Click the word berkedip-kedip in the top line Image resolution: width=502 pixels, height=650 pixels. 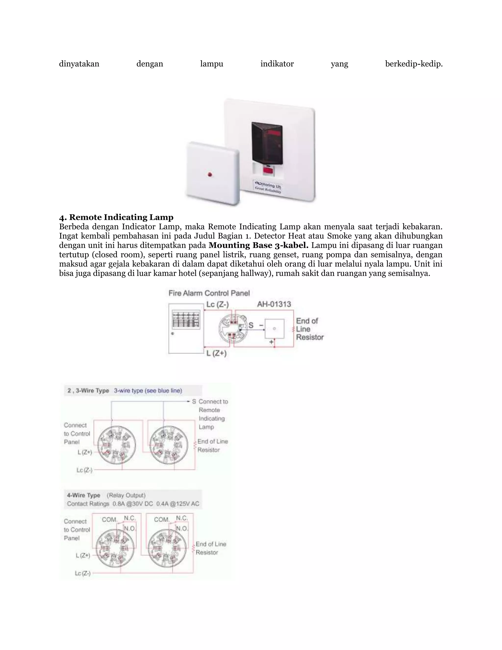pyautogui.click(x=414, y=64)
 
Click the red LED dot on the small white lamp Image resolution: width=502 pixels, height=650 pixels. pyautogui.click(x=210, y=174)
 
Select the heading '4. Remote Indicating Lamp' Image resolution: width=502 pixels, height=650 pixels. pyautogui.click(x=116, y=217)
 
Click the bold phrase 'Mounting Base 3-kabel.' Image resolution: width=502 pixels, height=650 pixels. pyautogui.click(x=258, y=245)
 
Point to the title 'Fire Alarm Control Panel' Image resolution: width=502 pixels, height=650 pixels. pyautogui.click(x=209, y=293)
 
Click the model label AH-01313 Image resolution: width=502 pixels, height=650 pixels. pyautogui.click(x=274, y=304)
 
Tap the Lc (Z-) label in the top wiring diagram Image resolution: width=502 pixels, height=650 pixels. pyautogui.click(x=217, y=304)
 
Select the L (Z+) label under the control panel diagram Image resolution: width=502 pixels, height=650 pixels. pyautogui.click(x=216, y=353)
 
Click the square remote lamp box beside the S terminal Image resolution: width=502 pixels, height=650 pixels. pyautogui.click(x=274, y=329)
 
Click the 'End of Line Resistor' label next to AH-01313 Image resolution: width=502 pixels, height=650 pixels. pyautogui.click(x=309, y=329)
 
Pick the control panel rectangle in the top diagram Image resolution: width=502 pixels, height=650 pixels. pyautogui.click(x=186, y=329)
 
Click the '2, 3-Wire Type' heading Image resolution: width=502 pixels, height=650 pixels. pyautogui.click(x=88, y=390)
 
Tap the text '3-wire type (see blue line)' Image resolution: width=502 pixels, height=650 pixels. pyautogui.click(x=148, y=390)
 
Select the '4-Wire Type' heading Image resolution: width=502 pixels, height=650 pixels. pyautogui.click(x=84, y=495)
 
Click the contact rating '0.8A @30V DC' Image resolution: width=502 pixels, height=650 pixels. pyautogui.click(x=133, y=504)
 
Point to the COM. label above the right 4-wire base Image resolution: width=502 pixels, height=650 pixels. pyautogui.click(x=162, y=520)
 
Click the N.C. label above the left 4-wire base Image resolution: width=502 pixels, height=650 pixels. pyautogui.click(x=130, y=518)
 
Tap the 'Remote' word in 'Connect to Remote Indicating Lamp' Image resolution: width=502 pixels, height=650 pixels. pyautogui.click(x=209, y=410)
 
